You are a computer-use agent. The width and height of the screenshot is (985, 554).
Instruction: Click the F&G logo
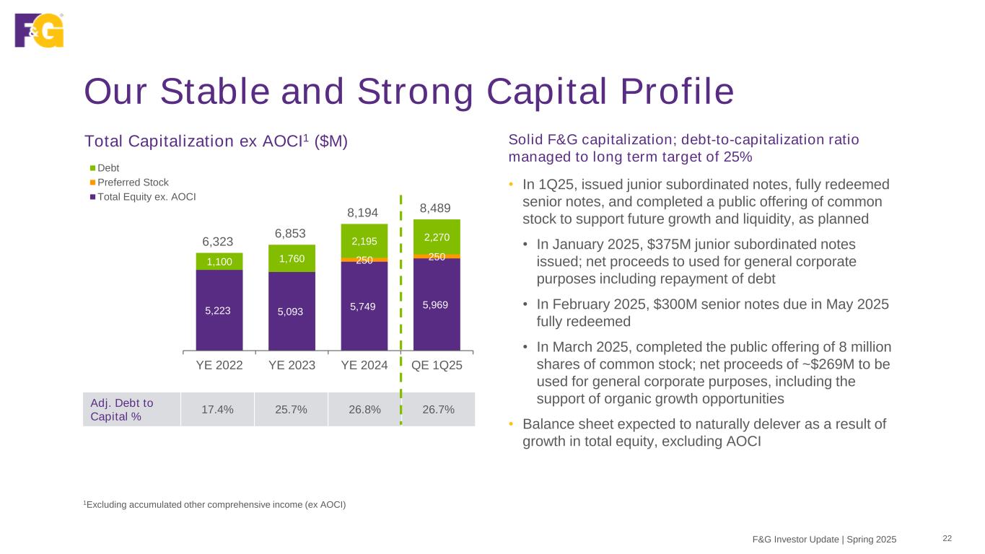pyautogui.click(x=39, y=30)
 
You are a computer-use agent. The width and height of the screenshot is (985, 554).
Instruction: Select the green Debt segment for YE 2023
pyautogui.click(x=292, y=258)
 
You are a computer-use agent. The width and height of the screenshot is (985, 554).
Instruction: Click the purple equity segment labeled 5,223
pyautogui.click(x=219, y=310)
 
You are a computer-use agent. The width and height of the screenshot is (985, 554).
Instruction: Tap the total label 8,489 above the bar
pyautogui.click(x=436, y=209)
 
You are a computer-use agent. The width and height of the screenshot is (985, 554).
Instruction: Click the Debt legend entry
pyautogui.click(x=108, y=168)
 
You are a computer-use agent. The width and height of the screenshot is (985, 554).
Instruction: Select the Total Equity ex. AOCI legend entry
pyautogui.click(x=146, y=196)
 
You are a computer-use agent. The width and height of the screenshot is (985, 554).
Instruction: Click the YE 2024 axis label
pyautogui.click(x=364, y=365)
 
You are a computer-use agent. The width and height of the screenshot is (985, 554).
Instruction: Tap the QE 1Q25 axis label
pyautogui.click(x=437, y=365)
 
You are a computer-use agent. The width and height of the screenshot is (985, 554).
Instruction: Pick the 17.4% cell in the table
pyautogui.click(x=217, y=410)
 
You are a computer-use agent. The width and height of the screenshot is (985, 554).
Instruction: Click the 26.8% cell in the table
pyautogui.click(x=364, y=410)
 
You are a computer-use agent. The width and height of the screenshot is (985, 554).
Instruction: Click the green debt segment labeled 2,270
pyautogui.click(x=437, y=237)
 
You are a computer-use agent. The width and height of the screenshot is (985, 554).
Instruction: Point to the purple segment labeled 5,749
pyautogui.click(x=364, y=306)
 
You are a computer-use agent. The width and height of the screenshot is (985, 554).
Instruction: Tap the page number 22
pyautogui.click(x=947, y=538)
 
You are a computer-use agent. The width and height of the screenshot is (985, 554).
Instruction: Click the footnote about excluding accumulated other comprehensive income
pyautogui.click(x=215, y=504)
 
